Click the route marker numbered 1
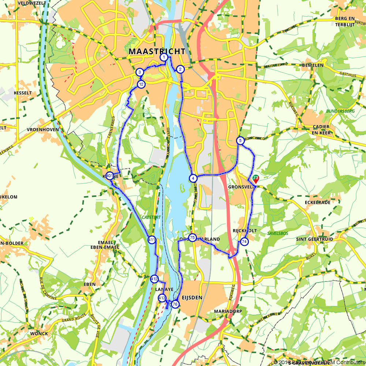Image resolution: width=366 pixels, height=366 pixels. (x=164, y=57)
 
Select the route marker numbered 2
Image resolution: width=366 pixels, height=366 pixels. (x=180, y=69)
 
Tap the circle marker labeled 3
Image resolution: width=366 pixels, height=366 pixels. (x=139, y=72)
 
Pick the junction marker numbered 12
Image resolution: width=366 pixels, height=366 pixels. (x=141, y=85)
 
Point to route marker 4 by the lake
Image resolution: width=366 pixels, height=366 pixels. (x=193, y=178)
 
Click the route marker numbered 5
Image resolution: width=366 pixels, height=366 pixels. (x=240, y=141)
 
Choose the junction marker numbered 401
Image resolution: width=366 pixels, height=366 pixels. (x=109, y=175)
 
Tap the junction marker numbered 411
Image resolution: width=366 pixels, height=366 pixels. (x=152, y=240)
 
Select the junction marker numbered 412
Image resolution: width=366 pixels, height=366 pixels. (x=154, y=279)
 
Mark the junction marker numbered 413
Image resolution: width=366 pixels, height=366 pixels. (x=162, y=298)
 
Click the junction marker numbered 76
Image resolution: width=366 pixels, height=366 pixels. (x=175, y=304)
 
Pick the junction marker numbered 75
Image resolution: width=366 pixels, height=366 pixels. (x=192, y=237)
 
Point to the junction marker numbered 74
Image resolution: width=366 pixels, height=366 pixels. (x=244, y=242)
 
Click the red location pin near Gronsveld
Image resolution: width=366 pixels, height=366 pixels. (x=255, y=179)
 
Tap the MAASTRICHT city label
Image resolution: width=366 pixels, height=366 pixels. (x=157, y=52)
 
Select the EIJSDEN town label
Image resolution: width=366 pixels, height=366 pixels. (x=191, y=298)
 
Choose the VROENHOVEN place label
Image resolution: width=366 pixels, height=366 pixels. (x=40, y=130)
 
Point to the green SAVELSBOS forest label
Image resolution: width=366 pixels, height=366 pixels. (x=278, y=233)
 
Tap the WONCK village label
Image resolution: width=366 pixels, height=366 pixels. (x=39, y=334)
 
